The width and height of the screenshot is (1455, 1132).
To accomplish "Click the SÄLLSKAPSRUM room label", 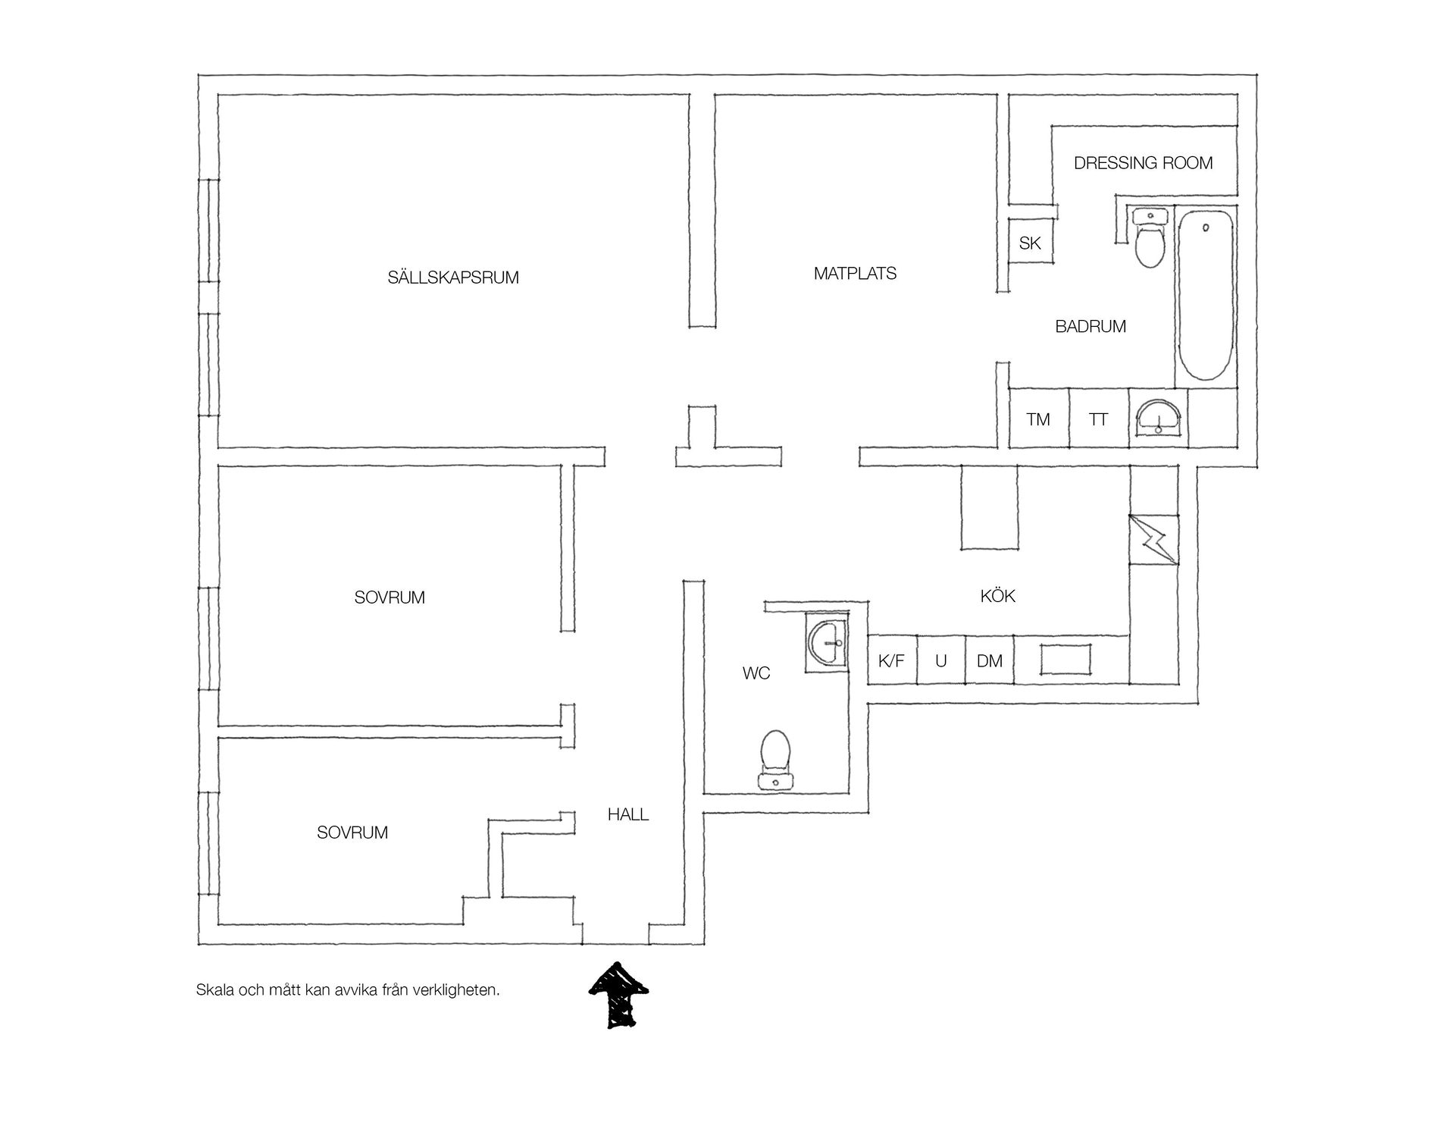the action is click(453, 278).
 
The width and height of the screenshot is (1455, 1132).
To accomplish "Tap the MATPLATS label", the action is click(855, 274).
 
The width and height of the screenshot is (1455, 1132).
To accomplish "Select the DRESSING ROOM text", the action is click(1143, 163).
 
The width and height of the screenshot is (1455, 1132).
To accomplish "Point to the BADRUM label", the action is click(1090, 327).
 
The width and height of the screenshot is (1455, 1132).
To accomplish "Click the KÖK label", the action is click(997, 596).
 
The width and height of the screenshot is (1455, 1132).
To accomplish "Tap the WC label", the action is click(756, 673).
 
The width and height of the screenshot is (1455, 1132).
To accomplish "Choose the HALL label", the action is click(628, 815).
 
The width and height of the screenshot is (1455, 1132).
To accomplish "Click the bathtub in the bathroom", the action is click(1205, 296).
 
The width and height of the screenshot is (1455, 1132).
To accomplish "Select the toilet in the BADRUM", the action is click(1150, 238).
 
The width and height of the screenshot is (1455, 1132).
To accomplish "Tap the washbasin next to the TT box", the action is click(1157, 418).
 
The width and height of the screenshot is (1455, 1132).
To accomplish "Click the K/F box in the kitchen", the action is click(892, 660).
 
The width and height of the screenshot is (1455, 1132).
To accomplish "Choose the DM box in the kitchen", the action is click(990, 660).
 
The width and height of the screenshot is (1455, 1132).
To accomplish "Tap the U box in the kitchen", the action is click(941, 660).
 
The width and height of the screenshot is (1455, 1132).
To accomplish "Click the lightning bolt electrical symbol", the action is click(1153, 539).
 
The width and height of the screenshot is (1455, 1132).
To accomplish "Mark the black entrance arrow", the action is click(619, 996).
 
